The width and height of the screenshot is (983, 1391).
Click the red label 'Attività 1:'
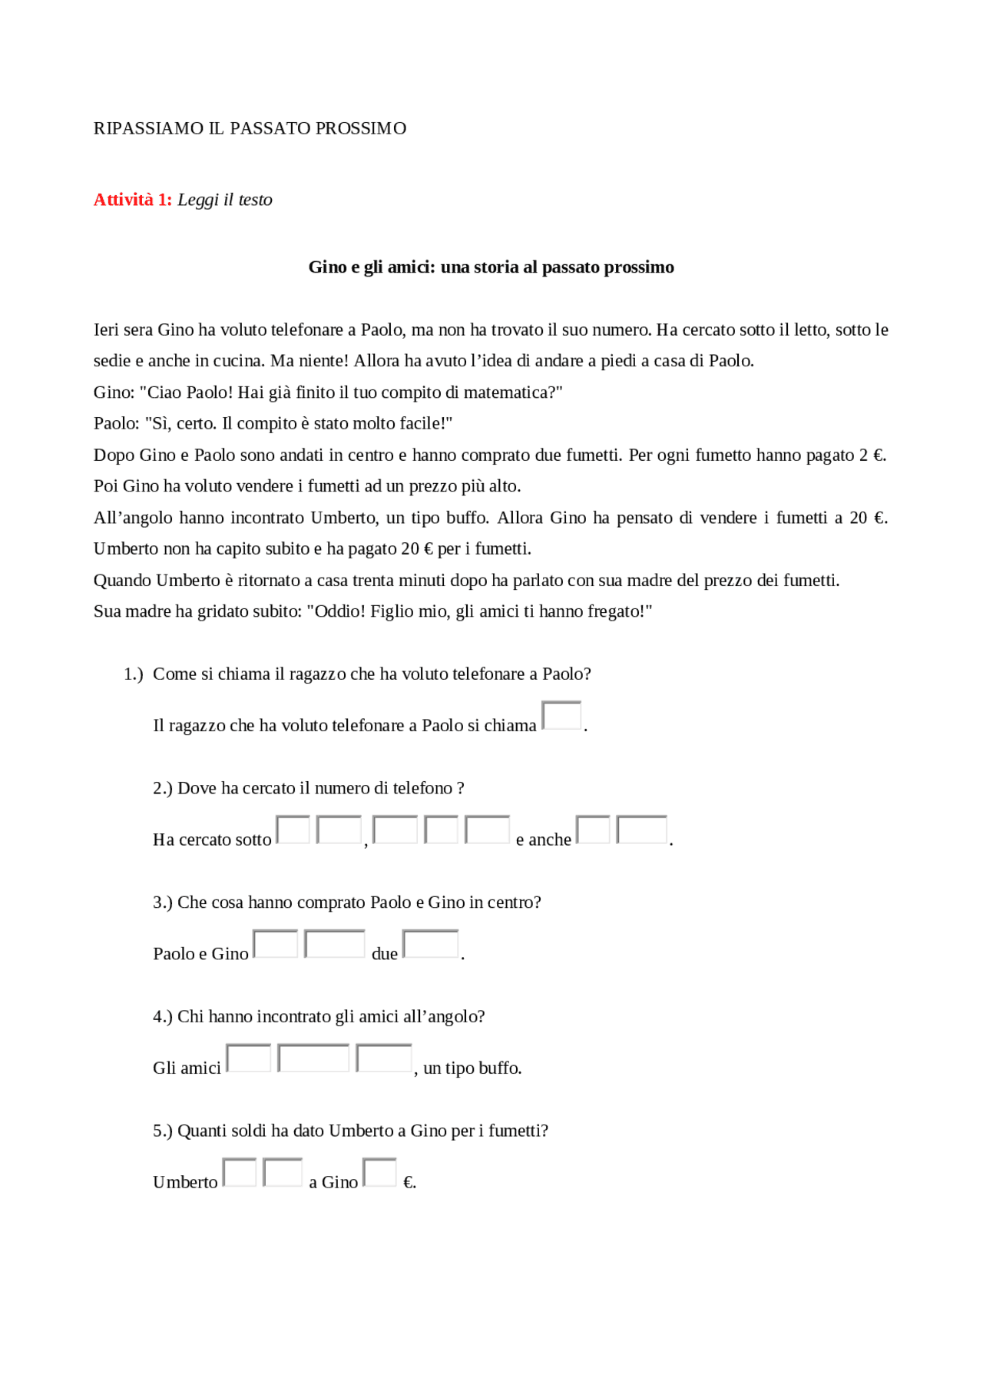(x=132, y=200)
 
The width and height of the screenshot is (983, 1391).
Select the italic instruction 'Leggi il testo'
(x=225, y=200)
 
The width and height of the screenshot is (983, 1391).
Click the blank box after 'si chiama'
(x=561, y=715)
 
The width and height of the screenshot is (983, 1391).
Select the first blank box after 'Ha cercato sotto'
(x=293, y=830)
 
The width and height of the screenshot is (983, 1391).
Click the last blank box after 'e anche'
(x=641, y=830)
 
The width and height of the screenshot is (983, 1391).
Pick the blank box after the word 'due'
(x=430, y=944)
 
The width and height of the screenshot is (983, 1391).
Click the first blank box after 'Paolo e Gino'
(x=275, y=944)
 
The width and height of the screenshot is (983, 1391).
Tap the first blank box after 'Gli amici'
(x=249, y=1058)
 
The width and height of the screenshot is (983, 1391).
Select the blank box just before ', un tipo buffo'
(x=384, y=1058)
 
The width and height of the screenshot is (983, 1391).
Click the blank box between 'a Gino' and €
(x=379, y=1172)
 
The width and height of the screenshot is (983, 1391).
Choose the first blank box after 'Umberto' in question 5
(x=240, y=1172)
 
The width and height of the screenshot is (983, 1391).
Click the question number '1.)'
(x=134, y=674)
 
